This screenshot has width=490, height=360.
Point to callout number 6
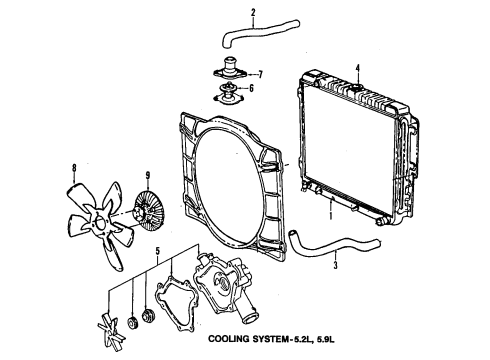point(252,88)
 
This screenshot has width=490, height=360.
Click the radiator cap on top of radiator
point(356,90)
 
